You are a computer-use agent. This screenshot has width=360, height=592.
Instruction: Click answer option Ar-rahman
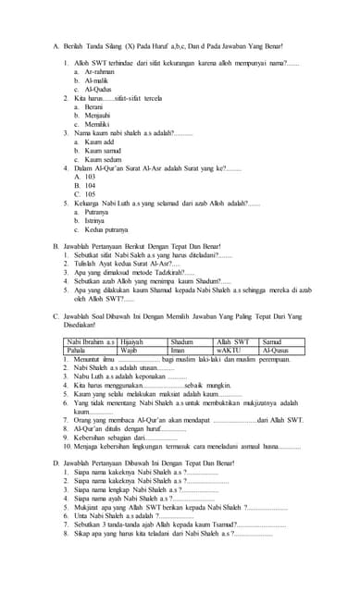pos(99,71)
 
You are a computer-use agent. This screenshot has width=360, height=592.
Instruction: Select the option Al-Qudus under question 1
pos(98,89)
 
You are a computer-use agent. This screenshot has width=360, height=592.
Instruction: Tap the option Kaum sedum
pos(103,159)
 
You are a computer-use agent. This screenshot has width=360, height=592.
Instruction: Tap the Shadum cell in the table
pos(182,342)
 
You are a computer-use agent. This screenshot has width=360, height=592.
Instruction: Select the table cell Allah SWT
pos(231,342)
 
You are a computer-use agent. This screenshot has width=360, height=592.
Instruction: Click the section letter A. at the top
pos(56,45)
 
